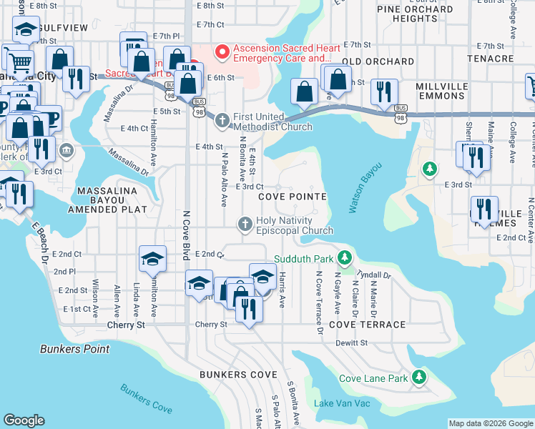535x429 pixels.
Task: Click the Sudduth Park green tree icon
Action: [x=345, y=257]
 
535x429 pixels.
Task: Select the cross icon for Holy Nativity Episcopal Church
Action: [x=245, y=225]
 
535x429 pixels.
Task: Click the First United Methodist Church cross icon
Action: [x=222, y=121]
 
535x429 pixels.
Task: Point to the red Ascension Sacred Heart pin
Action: [x=222, y=51]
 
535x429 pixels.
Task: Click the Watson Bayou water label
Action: [x=365, y=188]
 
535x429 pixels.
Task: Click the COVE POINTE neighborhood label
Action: [x=292, y=196]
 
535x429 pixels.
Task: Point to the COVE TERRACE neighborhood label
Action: [x=367, y=325]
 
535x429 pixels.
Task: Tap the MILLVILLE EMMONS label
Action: [x=451, y=91]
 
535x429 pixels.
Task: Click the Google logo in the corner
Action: [x=24, y=420]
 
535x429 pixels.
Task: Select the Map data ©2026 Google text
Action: [x=491, y=423]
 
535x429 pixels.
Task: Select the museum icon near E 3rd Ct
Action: [x=67, y=151]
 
